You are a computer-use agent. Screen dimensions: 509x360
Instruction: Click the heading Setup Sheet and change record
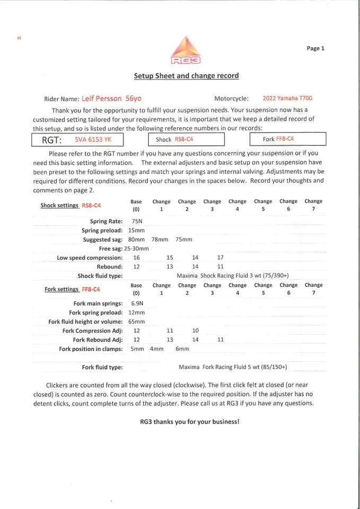pyautogui.click(x=186, y=76)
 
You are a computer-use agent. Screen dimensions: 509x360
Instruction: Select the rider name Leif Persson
pyautogui.click(x=102, y=99)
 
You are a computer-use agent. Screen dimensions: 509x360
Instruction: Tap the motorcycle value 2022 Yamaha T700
pyautogui.click(x=287, y=99)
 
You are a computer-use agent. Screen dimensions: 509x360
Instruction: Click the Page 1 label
pyautogui.click(x=315, y=48)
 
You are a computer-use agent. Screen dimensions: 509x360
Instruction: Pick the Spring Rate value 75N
pyautogui.click(x=136, y=221)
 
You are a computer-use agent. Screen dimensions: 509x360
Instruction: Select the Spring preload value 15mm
pyautogui.click(x=137, y=231)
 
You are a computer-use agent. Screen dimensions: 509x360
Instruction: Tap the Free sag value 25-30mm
pyautogui.click(x=137, y=249)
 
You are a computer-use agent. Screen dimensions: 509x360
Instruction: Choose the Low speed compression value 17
pyautogui.click(x=221, y=258)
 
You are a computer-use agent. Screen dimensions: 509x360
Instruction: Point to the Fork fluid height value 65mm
pyautogui.click(x=137, y=321)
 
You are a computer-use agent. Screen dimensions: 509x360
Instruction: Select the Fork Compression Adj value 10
pyautogui.click(x=195, y=331)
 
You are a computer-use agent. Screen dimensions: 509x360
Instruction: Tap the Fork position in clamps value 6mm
pyautogui.click(x=182, y=349)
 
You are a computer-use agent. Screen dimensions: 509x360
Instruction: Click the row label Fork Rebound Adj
pyautogui.click(x=98, y=340)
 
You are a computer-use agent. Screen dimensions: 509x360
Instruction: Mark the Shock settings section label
pyautogui.click(x=71, y=206)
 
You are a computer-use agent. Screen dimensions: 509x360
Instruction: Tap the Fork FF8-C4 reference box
pyautogui.click(x=287, y=139)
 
